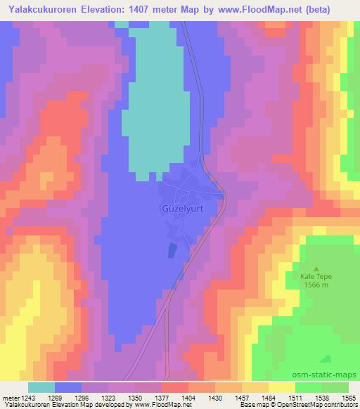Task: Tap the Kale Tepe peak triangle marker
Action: [x=316, y=268]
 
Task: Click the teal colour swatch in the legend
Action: [x=41, y=387]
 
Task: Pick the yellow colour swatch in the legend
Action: [x=281, y=387]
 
